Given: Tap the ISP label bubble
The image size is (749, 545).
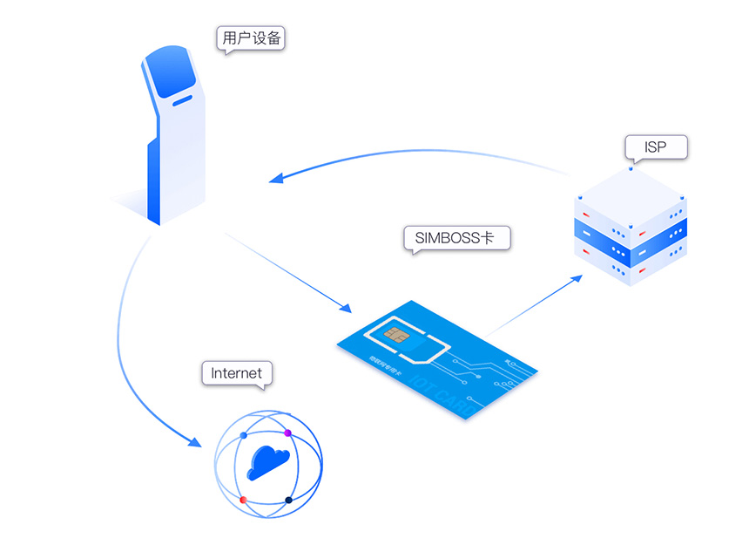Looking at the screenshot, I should (656, 147).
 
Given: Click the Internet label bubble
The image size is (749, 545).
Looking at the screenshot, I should (236, 373).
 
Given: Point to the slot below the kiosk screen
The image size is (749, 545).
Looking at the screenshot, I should (183, 101).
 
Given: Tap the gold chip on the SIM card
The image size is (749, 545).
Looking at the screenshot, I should (394, 336).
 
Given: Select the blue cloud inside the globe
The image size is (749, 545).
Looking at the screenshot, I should (267, 460).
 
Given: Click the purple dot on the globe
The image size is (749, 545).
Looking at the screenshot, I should (287, 433).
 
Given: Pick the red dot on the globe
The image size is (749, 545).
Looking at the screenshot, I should (243, 500).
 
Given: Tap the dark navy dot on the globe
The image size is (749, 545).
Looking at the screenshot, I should (288, 500).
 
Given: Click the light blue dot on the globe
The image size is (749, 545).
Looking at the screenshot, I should (243, 433).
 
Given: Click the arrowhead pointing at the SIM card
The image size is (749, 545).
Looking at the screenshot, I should (345, 309).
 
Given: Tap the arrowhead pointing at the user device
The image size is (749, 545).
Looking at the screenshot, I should (275, 179).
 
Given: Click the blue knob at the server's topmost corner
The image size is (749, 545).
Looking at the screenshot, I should (631, 168).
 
